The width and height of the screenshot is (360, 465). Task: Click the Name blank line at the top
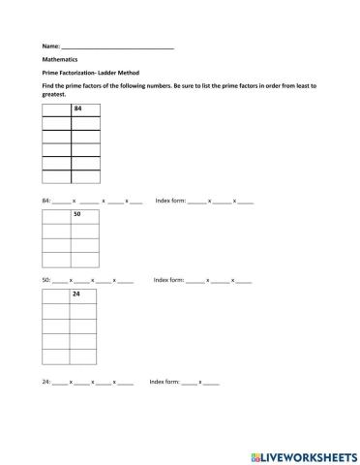coord(117,46)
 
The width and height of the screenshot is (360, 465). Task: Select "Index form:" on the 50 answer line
coord(168,279)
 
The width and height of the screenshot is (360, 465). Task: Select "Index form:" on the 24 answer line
coord(164,381)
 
